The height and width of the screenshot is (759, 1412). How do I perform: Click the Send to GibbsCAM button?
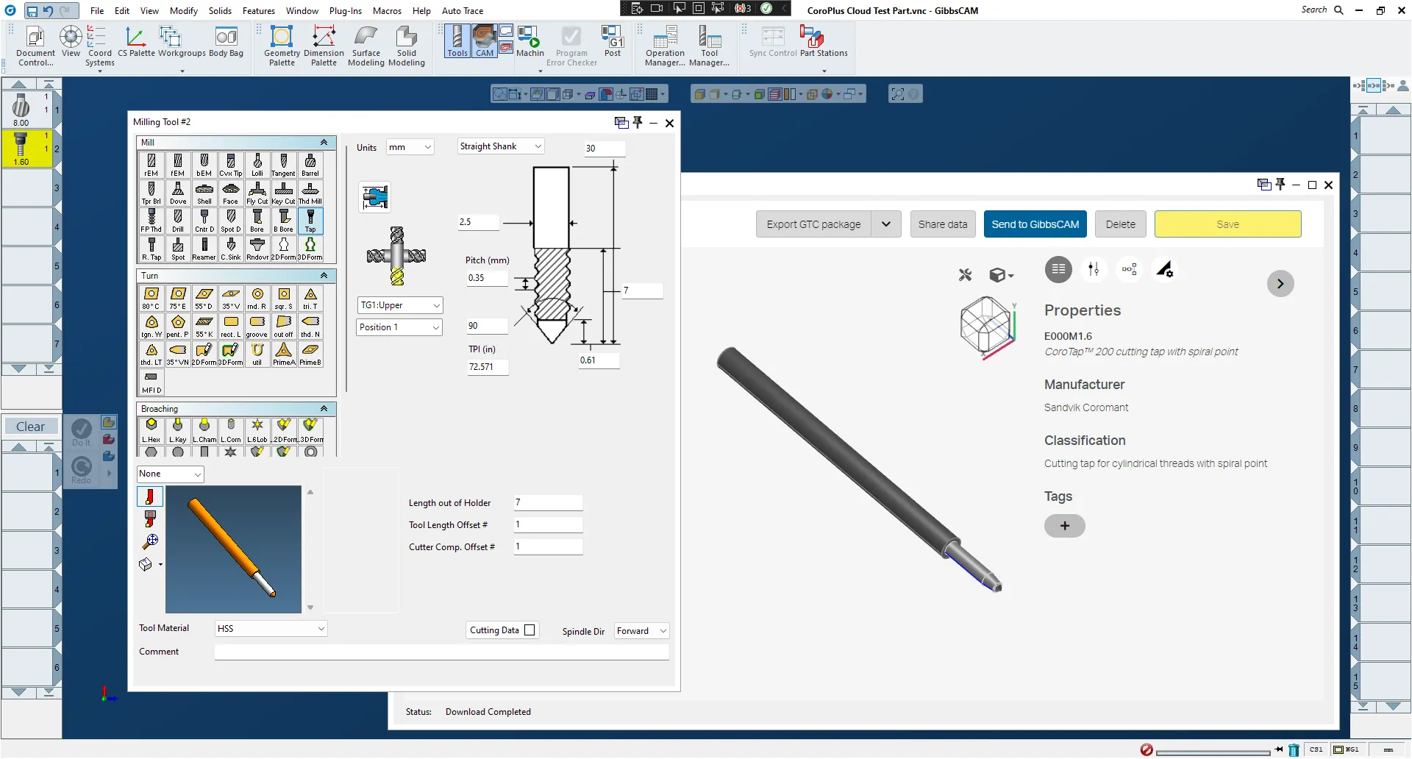(1035, 224)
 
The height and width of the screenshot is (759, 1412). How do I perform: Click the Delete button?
(1120, 224)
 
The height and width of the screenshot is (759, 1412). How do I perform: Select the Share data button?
(942, 224)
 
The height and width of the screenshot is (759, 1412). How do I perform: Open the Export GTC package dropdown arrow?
(886, 224)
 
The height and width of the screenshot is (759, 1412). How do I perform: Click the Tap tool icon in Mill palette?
(310, 220)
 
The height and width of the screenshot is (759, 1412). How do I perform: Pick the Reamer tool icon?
(204, 248)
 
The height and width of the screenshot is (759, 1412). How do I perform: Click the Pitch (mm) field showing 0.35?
(486, 278)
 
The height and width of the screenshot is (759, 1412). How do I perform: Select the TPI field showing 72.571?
(487, 367)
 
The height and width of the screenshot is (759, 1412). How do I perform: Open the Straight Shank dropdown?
(501, 146)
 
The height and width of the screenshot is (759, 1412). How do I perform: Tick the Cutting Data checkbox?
(529, 630)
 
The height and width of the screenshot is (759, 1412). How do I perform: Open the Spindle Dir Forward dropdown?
(641, 631)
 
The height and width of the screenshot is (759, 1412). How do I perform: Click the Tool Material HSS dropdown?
(271, 629)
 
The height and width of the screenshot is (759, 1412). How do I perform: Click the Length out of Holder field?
(548, 503)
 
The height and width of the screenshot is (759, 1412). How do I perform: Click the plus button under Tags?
(1064, 526)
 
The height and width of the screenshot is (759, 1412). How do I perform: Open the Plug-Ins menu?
(345, 11)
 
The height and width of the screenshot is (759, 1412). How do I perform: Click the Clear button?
(30, 427)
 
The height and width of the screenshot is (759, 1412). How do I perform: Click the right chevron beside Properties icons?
(1280, 284)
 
